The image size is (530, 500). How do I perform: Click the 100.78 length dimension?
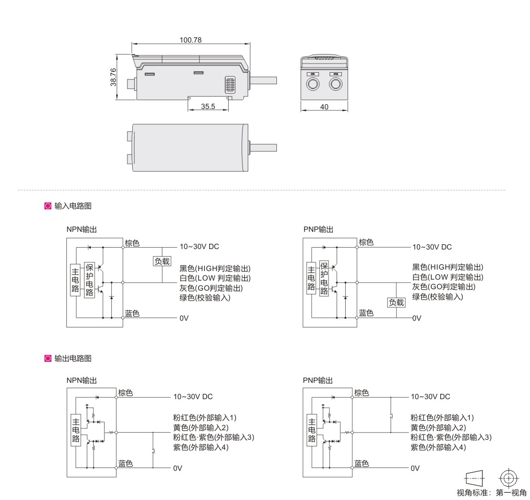191,40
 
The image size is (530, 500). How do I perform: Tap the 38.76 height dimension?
113,77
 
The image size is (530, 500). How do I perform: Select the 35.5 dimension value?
208,106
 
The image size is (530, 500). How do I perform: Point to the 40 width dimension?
324,107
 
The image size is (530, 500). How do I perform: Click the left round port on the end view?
313,84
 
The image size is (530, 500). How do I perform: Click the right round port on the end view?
336,84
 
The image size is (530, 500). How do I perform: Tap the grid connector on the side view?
230,85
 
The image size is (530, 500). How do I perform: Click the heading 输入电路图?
73,206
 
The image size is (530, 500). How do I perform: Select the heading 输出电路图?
73,358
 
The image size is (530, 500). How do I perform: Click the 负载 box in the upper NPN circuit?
162,261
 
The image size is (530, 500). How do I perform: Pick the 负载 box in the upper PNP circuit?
396,302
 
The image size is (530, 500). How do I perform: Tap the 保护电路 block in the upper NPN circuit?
89,280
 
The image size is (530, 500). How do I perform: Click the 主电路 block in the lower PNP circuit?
312,430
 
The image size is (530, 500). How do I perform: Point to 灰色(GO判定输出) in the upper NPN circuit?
211,288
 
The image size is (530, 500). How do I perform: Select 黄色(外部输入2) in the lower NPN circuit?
201,428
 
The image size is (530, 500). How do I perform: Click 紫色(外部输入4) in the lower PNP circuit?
438,447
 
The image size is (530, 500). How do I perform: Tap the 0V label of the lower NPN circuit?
178,468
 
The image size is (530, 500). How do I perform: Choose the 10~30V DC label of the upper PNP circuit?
432,247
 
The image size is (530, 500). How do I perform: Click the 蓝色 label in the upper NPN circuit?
132,313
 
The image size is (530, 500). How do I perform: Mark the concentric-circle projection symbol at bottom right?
509,478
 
